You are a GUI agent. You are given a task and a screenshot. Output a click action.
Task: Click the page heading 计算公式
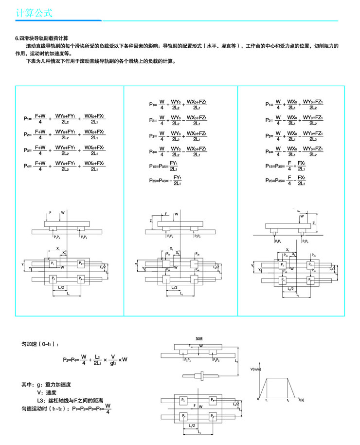pyautogui.click(x=34, y=13)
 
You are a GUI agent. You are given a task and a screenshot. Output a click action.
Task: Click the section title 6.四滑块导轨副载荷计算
pyautogui.click(x=42, y=38)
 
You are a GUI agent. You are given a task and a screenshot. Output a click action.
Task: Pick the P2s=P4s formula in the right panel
pyautogui.click(x=286, y=180)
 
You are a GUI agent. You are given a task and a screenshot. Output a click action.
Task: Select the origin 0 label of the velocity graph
pyautogui.click(x=259, y=399)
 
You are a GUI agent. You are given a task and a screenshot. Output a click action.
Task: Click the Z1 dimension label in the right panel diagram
pyautogui.click(x=315, y=222)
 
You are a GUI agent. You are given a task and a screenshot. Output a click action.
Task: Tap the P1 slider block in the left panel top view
pyautogui.click(x=53, y=263)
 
